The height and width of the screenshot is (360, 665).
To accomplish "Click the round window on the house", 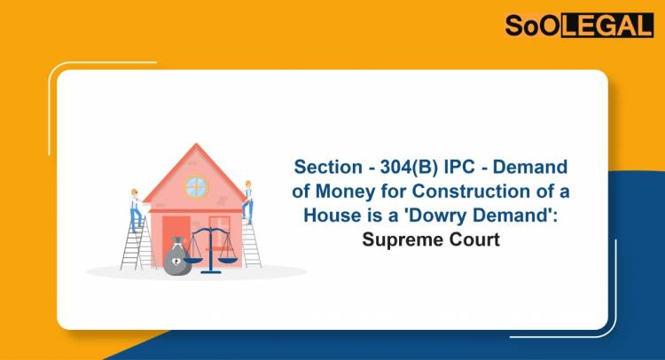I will pyautogui.click(x=195, y=187).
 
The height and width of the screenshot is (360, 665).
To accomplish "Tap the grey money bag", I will pyautogui.click(x=176, y=257).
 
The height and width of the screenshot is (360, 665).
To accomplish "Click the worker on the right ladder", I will pyautogui.click(x=249, y=200).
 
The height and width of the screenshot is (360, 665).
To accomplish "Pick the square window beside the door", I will pyautogui.click(x=219, y=228).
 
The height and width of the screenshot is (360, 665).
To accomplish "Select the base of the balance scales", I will pyautogui.click(x=210, y=270).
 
